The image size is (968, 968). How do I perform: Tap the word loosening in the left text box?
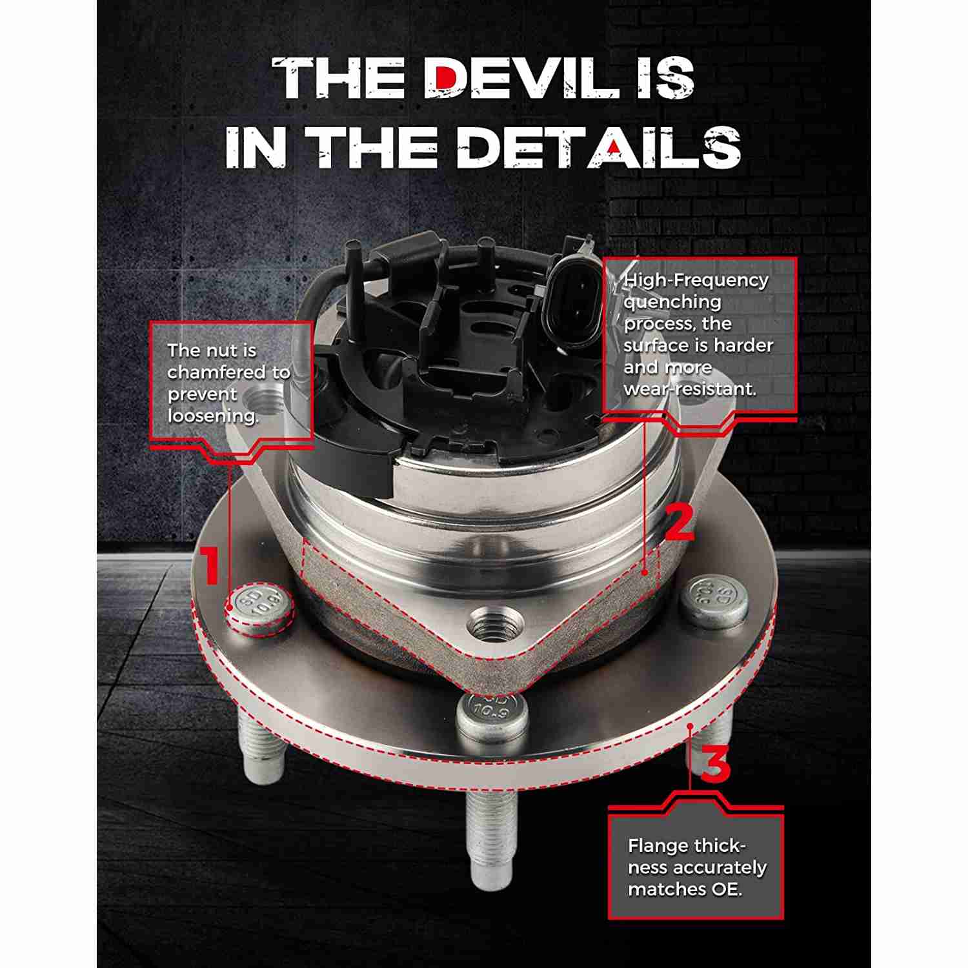click(214, 416)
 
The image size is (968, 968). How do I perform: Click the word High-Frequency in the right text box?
click(696, 280)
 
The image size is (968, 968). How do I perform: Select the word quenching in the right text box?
click(672, 302)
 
